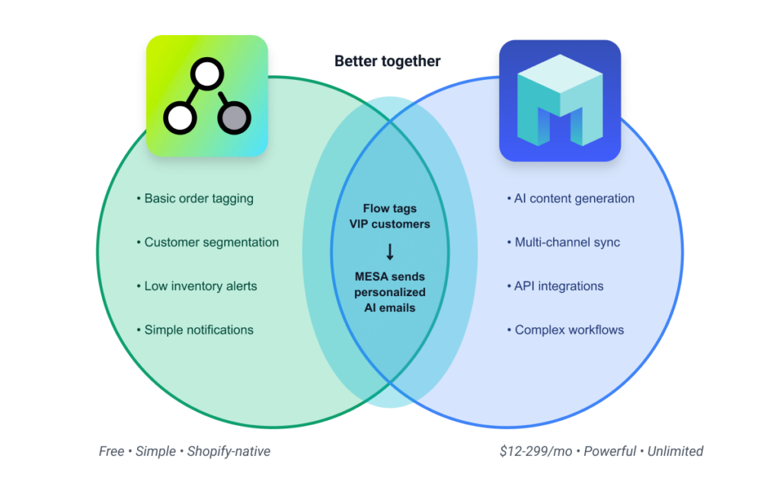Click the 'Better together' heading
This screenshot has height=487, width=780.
(x=387, y=62)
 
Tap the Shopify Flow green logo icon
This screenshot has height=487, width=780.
(x=206, y=96)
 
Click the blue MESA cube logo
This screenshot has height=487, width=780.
(x=560, y=101)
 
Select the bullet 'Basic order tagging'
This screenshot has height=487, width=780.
(x=199, y=199)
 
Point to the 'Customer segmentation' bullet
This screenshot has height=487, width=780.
(x=212, y=243)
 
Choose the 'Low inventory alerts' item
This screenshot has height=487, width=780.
(x=200, y=287)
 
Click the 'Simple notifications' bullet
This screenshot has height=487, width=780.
(x=199, y=330)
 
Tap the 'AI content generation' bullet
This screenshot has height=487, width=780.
(x=574, y=199)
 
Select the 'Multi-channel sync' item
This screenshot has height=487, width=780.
(x=567, y=243)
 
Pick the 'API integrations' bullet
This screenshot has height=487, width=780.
(x=558, y=287)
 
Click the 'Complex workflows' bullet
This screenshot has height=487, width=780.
(x=569, y=330)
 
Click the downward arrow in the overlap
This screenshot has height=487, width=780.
(x=390, y=252)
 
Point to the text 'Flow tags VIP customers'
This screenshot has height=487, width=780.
(x=390, y=216)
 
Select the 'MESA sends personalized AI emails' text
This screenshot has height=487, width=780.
(x=390, y=291)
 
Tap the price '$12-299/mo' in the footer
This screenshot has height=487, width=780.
(x=532, y=451)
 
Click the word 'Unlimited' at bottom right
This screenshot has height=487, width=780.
(x=675, y=451)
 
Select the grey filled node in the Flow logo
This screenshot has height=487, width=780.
(x=234, y=118)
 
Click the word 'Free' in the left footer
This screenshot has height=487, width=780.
(x=111, y=451)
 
